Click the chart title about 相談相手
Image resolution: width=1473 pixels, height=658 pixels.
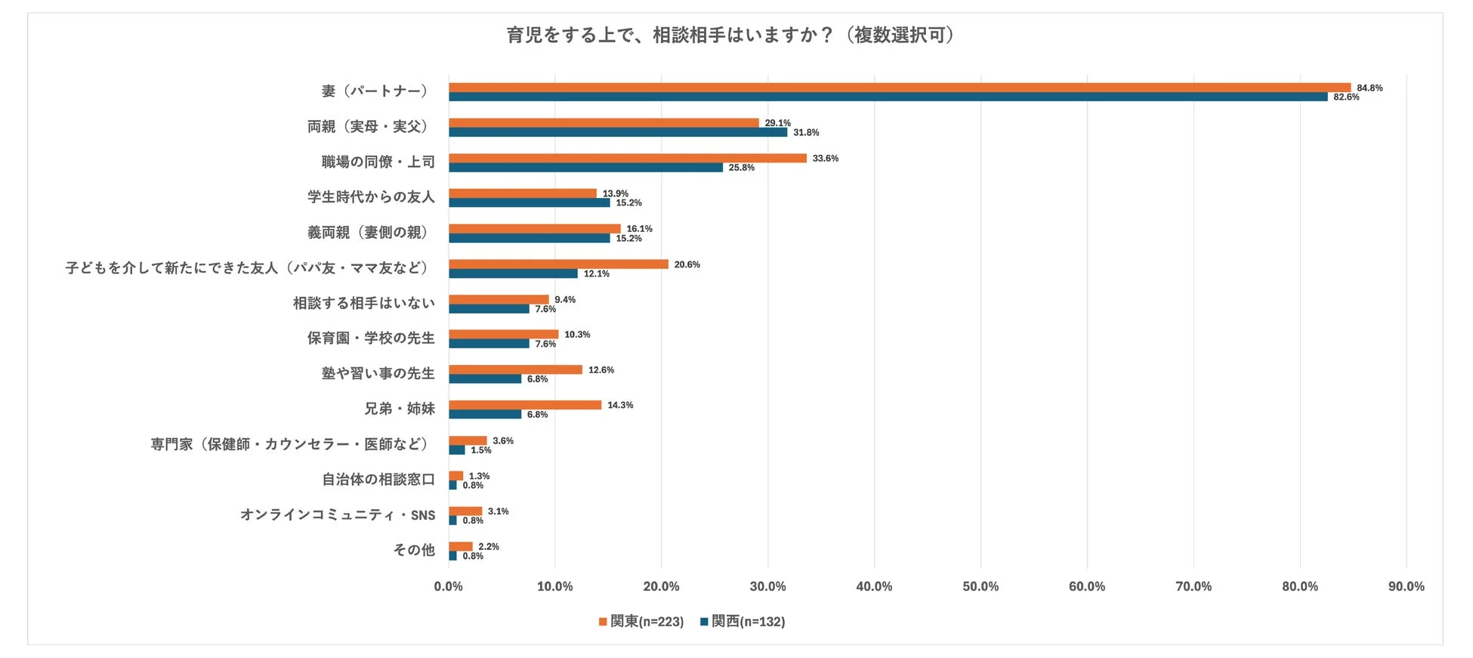(730, 36)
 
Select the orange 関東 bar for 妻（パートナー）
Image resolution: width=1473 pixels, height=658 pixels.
(899, 88)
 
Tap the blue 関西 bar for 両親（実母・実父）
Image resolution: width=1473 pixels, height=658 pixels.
(617, 132)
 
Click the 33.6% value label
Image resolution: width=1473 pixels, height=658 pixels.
(825, 159)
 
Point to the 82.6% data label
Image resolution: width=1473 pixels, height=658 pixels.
(1345, 97)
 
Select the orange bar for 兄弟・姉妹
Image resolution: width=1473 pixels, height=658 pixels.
(524, 405)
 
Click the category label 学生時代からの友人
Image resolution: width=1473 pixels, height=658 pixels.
(371, 197)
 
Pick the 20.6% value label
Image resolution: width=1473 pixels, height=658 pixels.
(687, 264)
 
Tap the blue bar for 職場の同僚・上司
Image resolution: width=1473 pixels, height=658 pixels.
(585, 168)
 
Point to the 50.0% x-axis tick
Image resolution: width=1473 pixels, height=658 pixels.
(980, 586)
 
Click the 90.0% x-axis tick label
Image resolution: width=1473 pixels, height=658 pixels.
(1406, 586)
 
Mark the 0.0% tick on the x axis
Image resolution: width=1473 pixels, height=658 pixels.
(448, 586)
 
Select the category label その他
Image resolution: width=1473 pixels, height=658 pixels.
(414, 550)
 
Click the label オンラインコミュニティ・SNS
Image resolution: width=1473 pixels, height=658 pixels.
(338, 515)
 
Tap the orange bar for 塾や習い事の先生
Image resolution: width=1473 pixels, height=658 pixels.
(515, 370)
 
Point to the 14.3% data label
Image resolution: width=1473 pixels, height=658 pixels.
(620, 406)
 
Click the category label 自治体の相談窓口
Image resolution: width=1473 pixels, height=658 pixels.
(378, 480)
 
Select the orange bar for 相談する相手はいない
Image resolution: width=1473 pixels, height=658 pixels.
(499, 300)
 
